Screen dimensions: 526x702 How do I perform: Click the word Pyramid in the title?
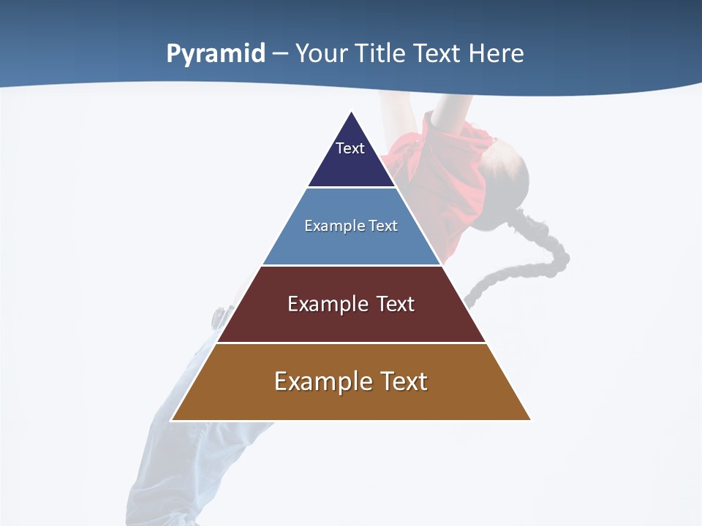click(x=216, y=54)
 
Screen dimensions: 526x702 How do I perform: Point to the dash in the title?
click(x=280, y=54)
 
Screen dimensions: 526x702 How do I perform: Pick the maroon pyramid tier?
click(x=351, y=321)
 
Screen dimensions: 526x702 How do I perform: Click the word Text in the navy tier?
click(x=350, y=148)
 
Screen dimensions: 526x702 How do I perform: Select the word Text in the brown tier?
click(x=402, y=381)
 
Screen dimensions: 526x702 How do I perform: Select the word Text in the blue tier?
click(x=383, y=226)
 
